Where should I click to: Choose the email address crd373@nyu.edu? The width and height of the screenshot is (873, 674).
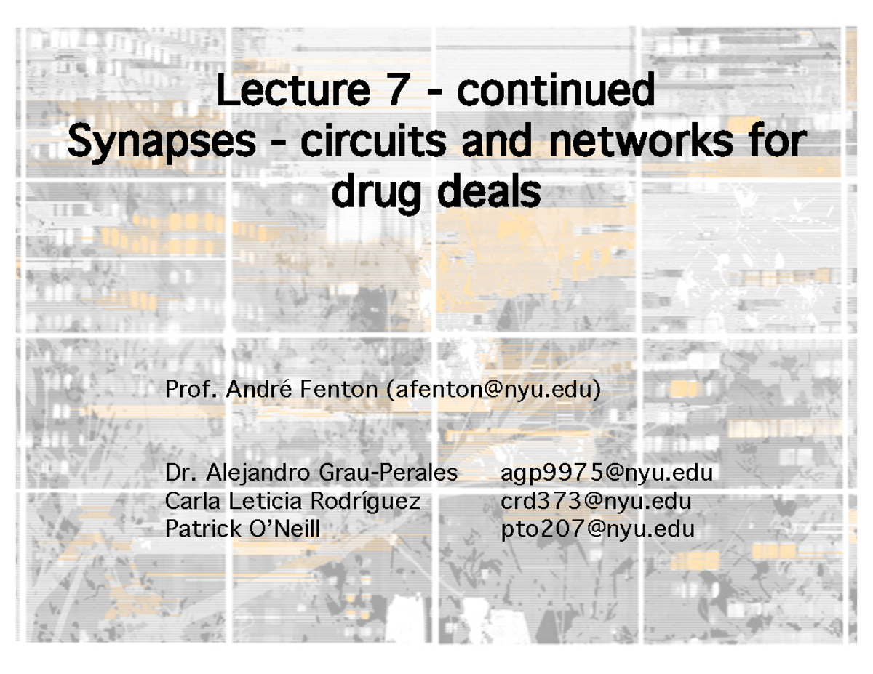[x=596, y=501]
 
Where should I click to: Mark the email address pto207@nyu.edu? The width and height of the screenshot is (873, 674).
[x=597, y=528]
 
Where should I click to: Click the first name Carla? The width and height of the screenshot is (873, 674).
[x=191, y=501]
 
